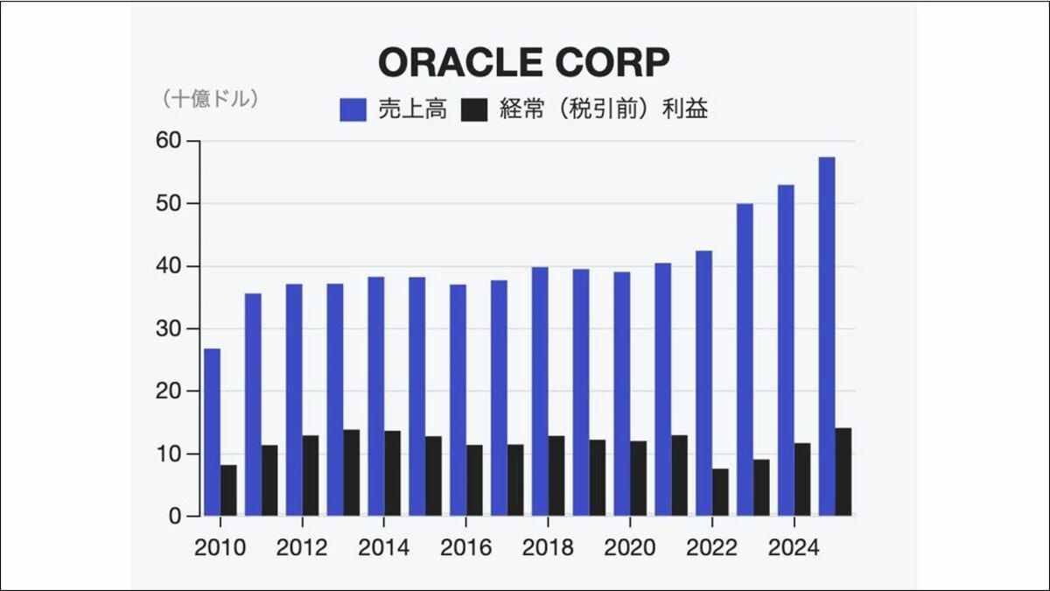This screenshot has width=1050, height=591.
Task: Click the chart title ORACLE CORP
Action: [524, 62]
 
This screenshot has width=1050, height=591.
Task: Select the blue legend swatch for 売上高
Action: [353, 109]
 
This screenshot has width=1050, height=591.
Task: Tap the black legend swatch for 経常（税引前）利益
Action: [473, 109]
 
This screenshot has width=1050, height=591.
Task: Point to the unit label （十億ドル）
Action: [209, 100]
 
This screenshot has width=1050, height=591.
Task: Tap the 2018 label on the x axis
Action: [548, 548]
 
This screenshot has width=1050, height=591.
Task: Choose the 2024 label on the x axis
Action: [794, 548]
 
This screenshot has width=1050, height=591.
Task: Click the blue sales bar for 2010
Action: [212, 433]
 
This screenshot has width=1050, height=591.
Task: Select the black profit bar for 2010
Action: [228, 490]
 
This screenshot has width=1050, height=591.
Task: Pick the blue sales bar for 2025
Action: [827, 336]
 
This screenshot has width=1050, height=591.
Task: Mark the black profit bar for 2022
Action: [720, 492]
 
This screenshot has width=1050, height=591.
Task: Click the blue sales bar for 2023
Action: [745, 360]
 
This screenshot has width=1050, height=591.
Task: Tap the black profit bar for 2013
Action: [351, 473]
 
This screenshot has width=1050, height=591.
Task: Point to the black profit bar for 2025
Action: [843, 472]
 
